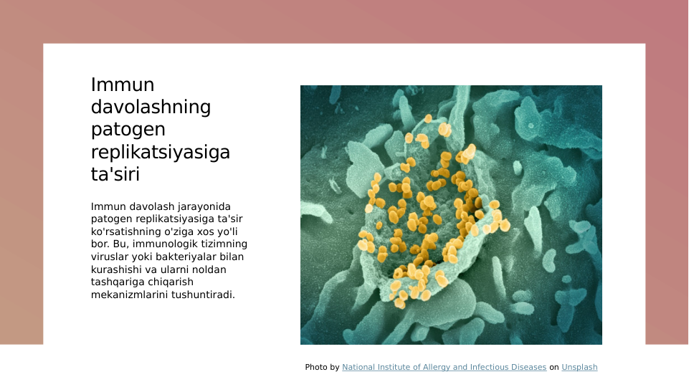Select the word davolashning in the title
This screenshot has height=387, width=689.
pyautogui.click(x=151, y=107)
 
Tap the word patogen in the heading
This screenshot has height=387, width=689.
pyautogui.click(x=128, y=130)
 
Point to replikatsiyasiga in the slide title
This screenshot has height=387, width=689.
pyautogui.click(x=161, y=153)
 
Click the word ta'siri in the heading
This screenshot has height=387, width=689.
pyautogui.click(x=115, y=175)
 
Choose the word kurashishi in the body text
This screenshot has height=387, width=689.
pyautogui.click(x=116, y=269)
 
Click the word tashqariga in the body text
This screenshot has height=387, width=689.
pyautogui.click(x=118, y=282)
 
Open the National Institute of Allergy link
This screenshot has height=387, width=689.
pyautogui.click(x=444, y=368)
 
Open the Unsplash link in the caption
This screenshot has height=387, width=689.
pyautogui.click(x=579, y=368)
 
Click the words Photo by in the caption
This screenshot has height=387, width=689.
pyautogui.click(x=322, y=368)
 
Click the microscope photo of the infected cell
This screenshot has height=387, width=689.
pyautogui.click(x=451, y=215)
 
